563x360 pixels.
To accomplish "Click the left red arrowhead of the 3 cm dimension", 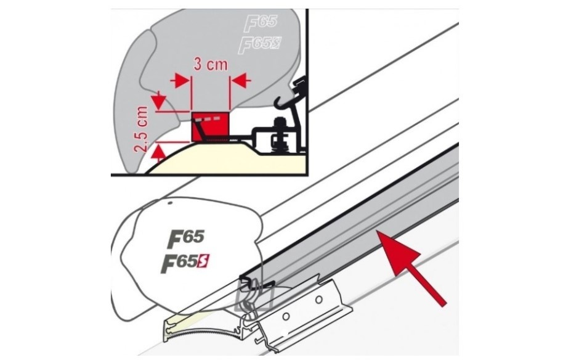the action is pos(181,80).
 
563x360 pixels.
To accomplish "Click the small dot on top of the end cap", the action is pos(168,202).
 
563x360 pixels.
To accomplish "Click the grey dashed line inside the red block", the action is pos(213,117).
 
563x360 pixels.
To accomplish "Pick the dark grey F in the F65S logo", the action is pos(169,264).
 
